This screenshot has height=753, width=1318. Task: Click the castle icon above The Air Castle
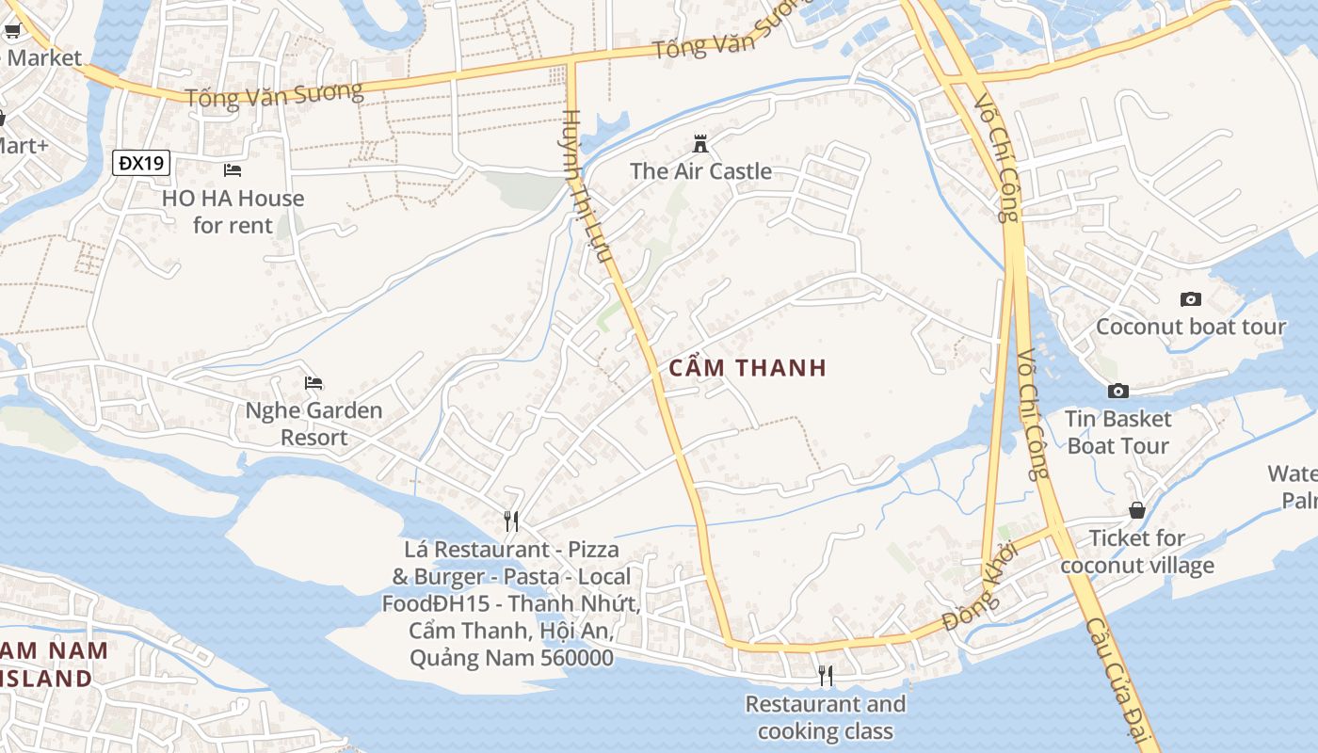pos(700,144)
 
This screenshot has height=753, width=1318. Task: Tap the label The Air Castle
pos(700,171)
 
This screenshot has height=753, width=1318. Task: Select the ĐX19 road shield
pos(142,163)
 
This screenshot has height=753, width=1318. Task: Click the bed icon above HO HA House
pos(233,170)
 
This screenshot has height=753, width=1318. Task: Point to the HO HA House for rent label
pos(233,212)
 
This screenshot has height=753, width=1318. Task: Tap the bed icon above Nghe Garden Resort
pos(313,383)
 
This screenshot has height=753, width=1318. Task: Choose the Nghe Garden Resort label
pos(313,424)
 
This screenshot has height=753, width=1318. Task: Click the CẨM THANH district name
pos(747,368)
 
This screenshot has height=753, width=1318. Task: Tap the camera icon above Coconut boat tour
pos(1191,299)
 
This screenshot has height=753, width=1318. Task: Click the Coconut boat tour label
pos(1191,327)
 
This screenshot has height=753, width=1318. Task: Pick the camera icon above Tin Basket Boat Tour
pos(1118,391)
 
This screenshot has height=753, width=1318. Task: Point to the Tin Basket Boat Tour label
pos(1118,432)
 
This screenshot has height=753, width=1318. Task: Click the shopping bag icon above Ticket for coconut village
pos(1137,510)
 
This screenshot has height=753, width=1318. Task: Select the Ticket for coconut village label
pos(1137,552)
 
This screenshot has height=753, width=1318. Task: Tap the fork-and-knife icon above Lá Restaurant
pos(511,521)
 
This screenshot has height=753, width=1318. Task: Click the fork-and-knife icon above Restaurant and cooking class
pos(826,676)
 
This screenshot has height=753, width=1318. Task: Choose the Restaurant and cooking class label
pos(826,717)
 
